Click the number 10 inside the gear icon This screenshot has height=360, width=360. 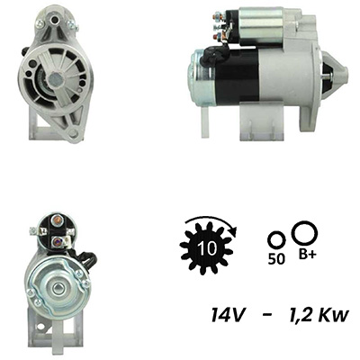click(x=207, y=247)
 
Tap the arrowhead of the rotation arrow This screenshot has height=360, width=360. click(x=232, y=229)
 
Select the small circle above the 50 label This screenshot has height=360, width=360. click(x=276, y=240)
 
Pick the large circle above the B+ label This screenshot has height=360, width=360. click(x=305, y=233)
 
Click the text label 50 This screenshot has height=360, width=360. click(x=276, y=259)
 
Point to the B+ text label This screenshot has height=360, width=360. click(x=307, y=255)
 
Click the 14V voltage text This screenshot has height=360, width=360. click(x=227, y=315)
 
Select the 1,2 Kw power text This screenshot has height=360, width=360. click(x=319, y=315)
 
